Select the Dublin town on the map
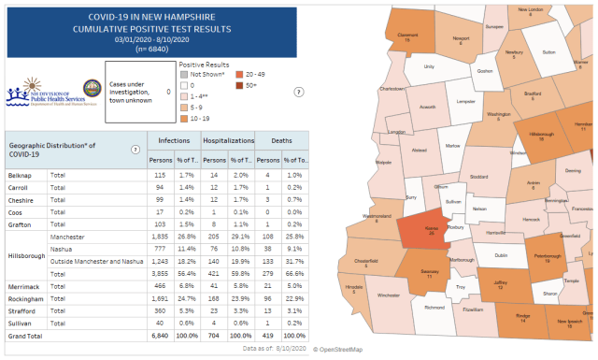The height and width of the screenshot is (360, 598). click(x=501, y=254)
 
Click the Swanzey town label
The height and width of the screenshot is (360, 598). click(x=429, y=274)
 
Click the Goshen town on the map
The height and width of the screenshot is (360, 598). click(x=484, y=70)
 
